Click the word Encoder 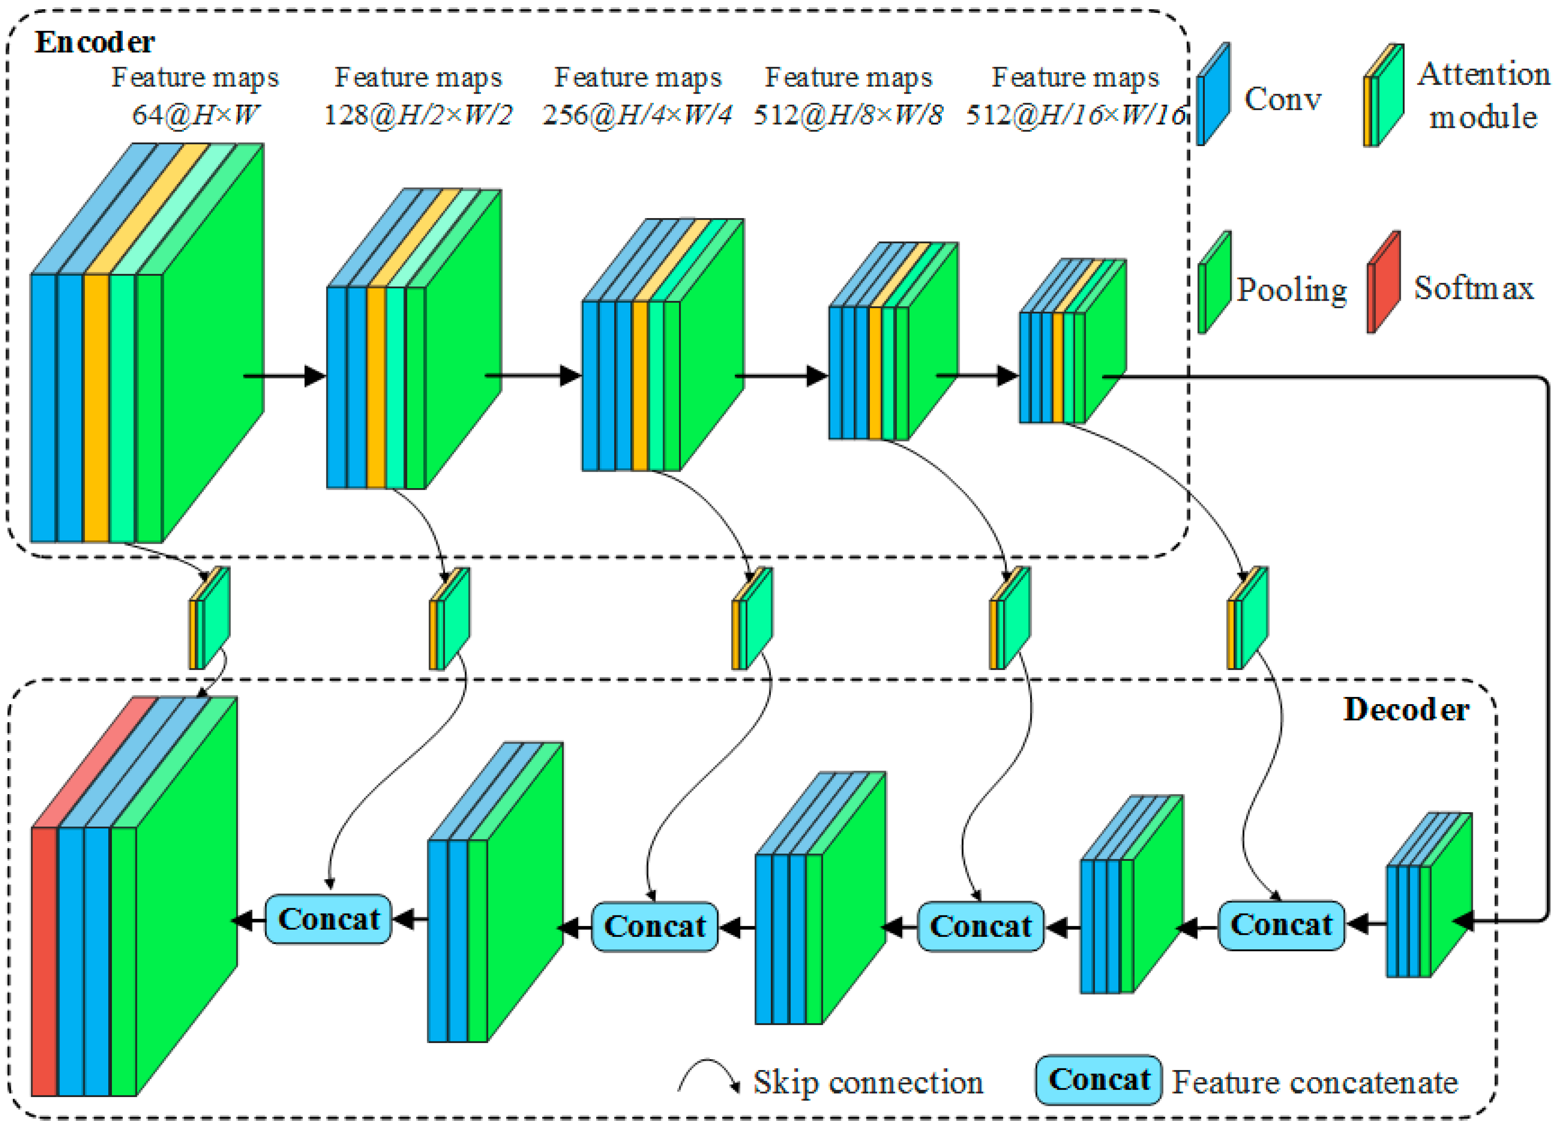coord(95,43)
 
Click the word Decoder coord(1406,710)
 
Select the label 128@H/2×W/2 coord(418,115)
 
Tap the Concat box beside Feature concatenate coord(1099,1080)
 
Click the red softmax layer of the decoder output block coord(45,962)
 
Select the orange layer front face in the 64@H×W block coord(96,408)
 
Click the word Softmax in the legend coord(1473,289)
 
